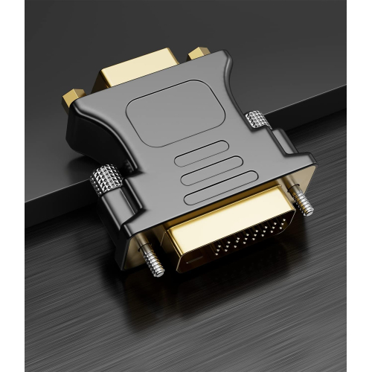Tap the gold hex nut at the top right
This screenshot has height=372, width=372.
tap(196, 53)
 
